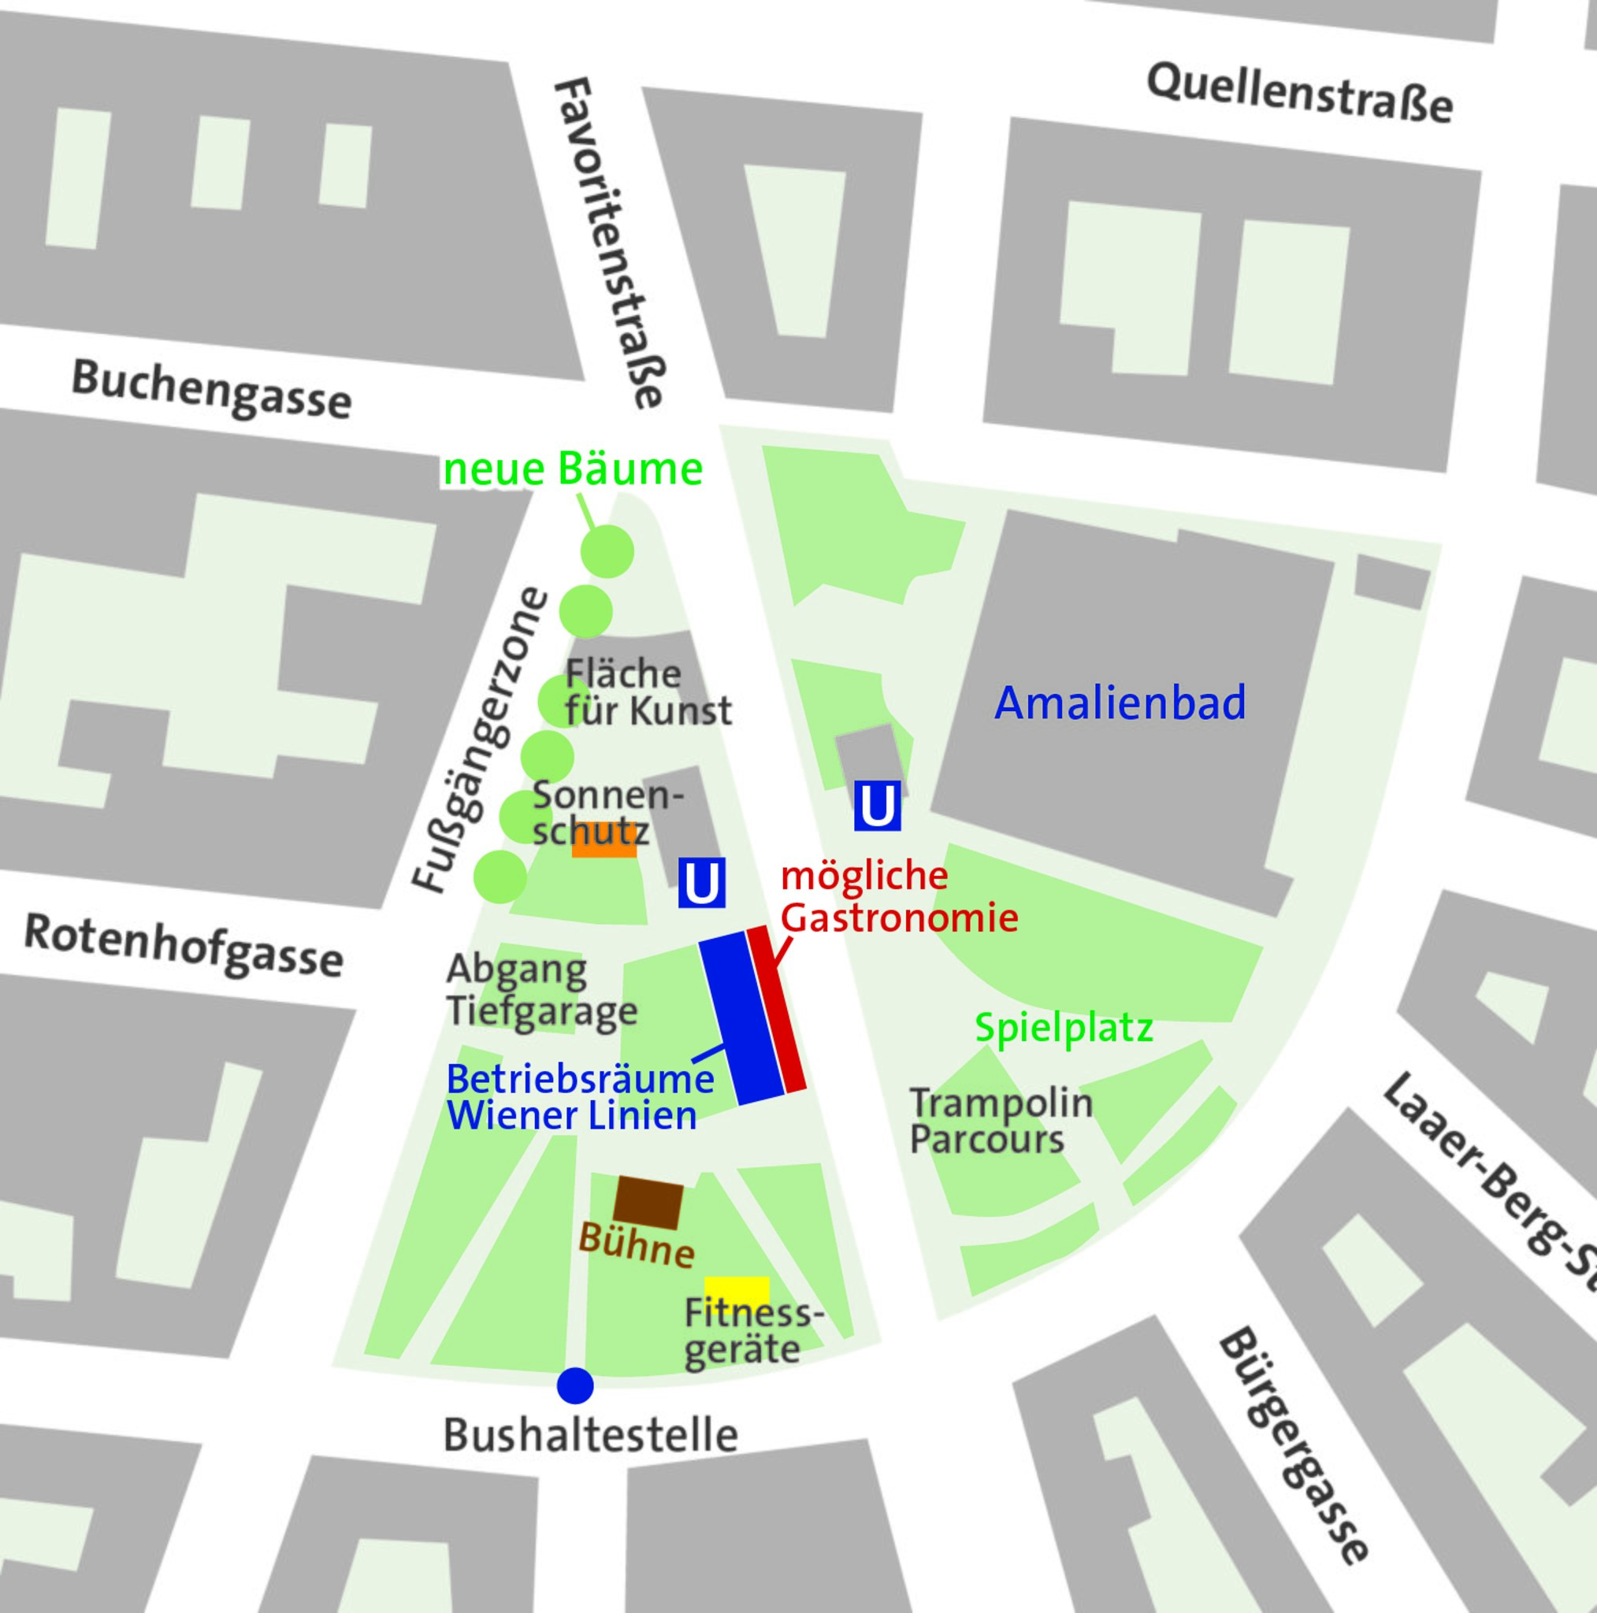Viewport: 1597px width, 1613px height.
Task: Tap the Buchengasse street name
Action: (211, 389)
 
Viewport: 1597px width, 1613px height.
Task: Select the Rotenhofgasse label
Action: (184, 945)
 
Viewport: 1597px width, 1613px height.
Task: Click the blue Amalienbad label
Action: (1120, 703)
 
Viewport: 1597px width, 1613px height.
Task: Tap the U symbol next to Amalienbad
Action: (877, 806)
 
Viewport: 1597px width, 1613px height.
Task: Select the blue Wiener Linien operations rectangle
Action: (741, 1018)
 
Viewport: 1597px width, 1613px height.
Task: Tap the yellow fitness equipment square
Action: (737, 1291)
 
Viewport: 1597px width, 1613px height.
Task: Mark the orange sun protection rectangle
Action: (604, 840)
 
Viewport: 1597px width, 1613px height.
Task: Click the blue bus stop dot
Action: (575, 1386)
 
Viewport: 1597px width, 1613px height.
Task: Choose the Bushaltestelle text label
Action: (591, 1436)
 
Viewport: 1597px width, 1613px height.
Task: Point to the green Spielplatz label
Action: (1064, 1029)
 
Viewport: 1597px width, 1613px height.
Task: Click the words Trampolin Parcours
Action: (1001, 1121)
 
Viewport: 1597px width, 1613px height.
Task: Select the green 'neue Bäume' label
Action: (572, 469)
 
